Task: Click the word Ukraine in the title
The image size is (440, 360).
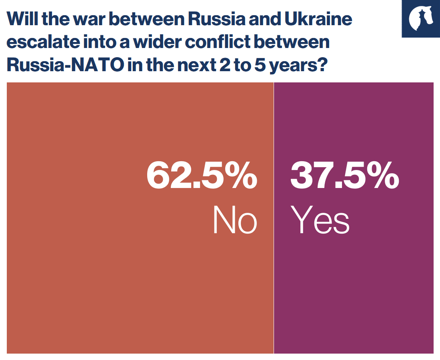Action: click(x=319, y=19)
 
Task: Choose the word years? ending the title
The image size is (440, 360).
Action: click(x=298, y=65)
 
